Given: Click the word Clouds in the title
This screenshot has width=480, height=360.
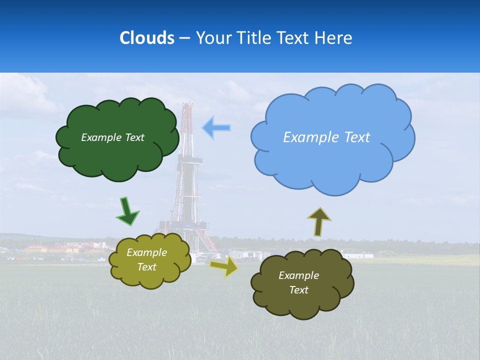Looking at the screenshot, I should click(x=147, y=38).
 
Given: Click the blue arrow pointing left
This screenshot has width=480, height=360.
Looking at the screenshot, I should click(x=216, y=128).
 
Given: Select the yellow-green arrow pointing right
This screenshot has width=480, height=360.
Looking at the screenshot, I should click(x=224, y=266).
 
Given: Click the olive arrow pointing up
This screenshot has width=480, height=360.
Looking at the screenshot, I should click(x=318, y=221).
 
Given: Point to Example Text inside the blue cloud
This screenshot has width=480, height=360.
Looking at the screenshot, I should click(x=326, y=137).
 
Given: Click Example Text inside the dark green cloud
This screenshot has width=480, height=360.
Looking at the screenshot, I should click(x=112, y=137).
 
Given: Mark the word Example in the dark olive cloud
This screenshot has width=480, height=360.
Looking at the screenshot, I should click(x=298, y=275).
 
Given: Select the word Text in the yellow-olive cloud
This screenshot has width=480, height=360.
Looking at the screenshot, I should click(x=146, y=267).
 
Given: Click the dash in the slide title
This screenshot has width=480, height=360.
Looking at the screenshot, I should click(x=184, y=38).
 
